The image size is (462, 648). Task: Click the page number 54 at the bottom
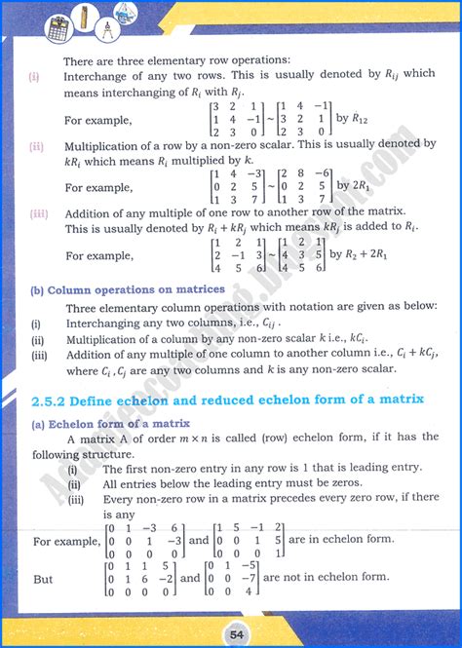[231, 629]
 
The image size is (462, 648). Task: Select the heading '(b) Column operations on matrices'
[127, 289]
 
